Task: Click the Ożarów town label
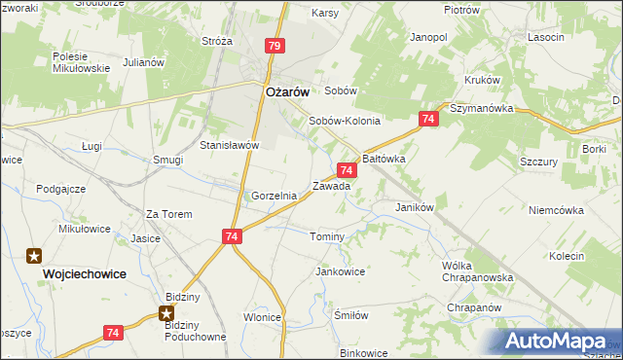coord(287,91)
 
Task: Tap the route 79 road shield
coord(275,46)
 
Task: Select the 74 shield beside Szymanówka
coord(428,119)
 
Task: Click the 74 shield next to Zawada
coord(348,169)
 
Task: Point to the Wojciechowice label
coord(85,274)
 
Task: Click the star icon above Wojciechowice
coord(34,256)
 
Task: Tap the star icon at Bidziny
coord(166,313)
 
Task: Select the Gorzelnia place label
coord(274,196)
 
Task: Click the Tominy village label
coord(327,237)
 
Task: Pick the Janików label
coord(414,207)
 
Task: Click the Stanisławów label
coord(229,145)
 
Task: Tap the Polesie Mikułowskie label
coord(80,62)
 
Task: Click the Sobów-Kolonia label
coord(344,122)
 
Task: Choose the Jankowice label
coord(340,271)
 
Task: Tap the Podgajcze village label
coord(60,189)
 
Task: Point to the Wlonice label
coord(263,317)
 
